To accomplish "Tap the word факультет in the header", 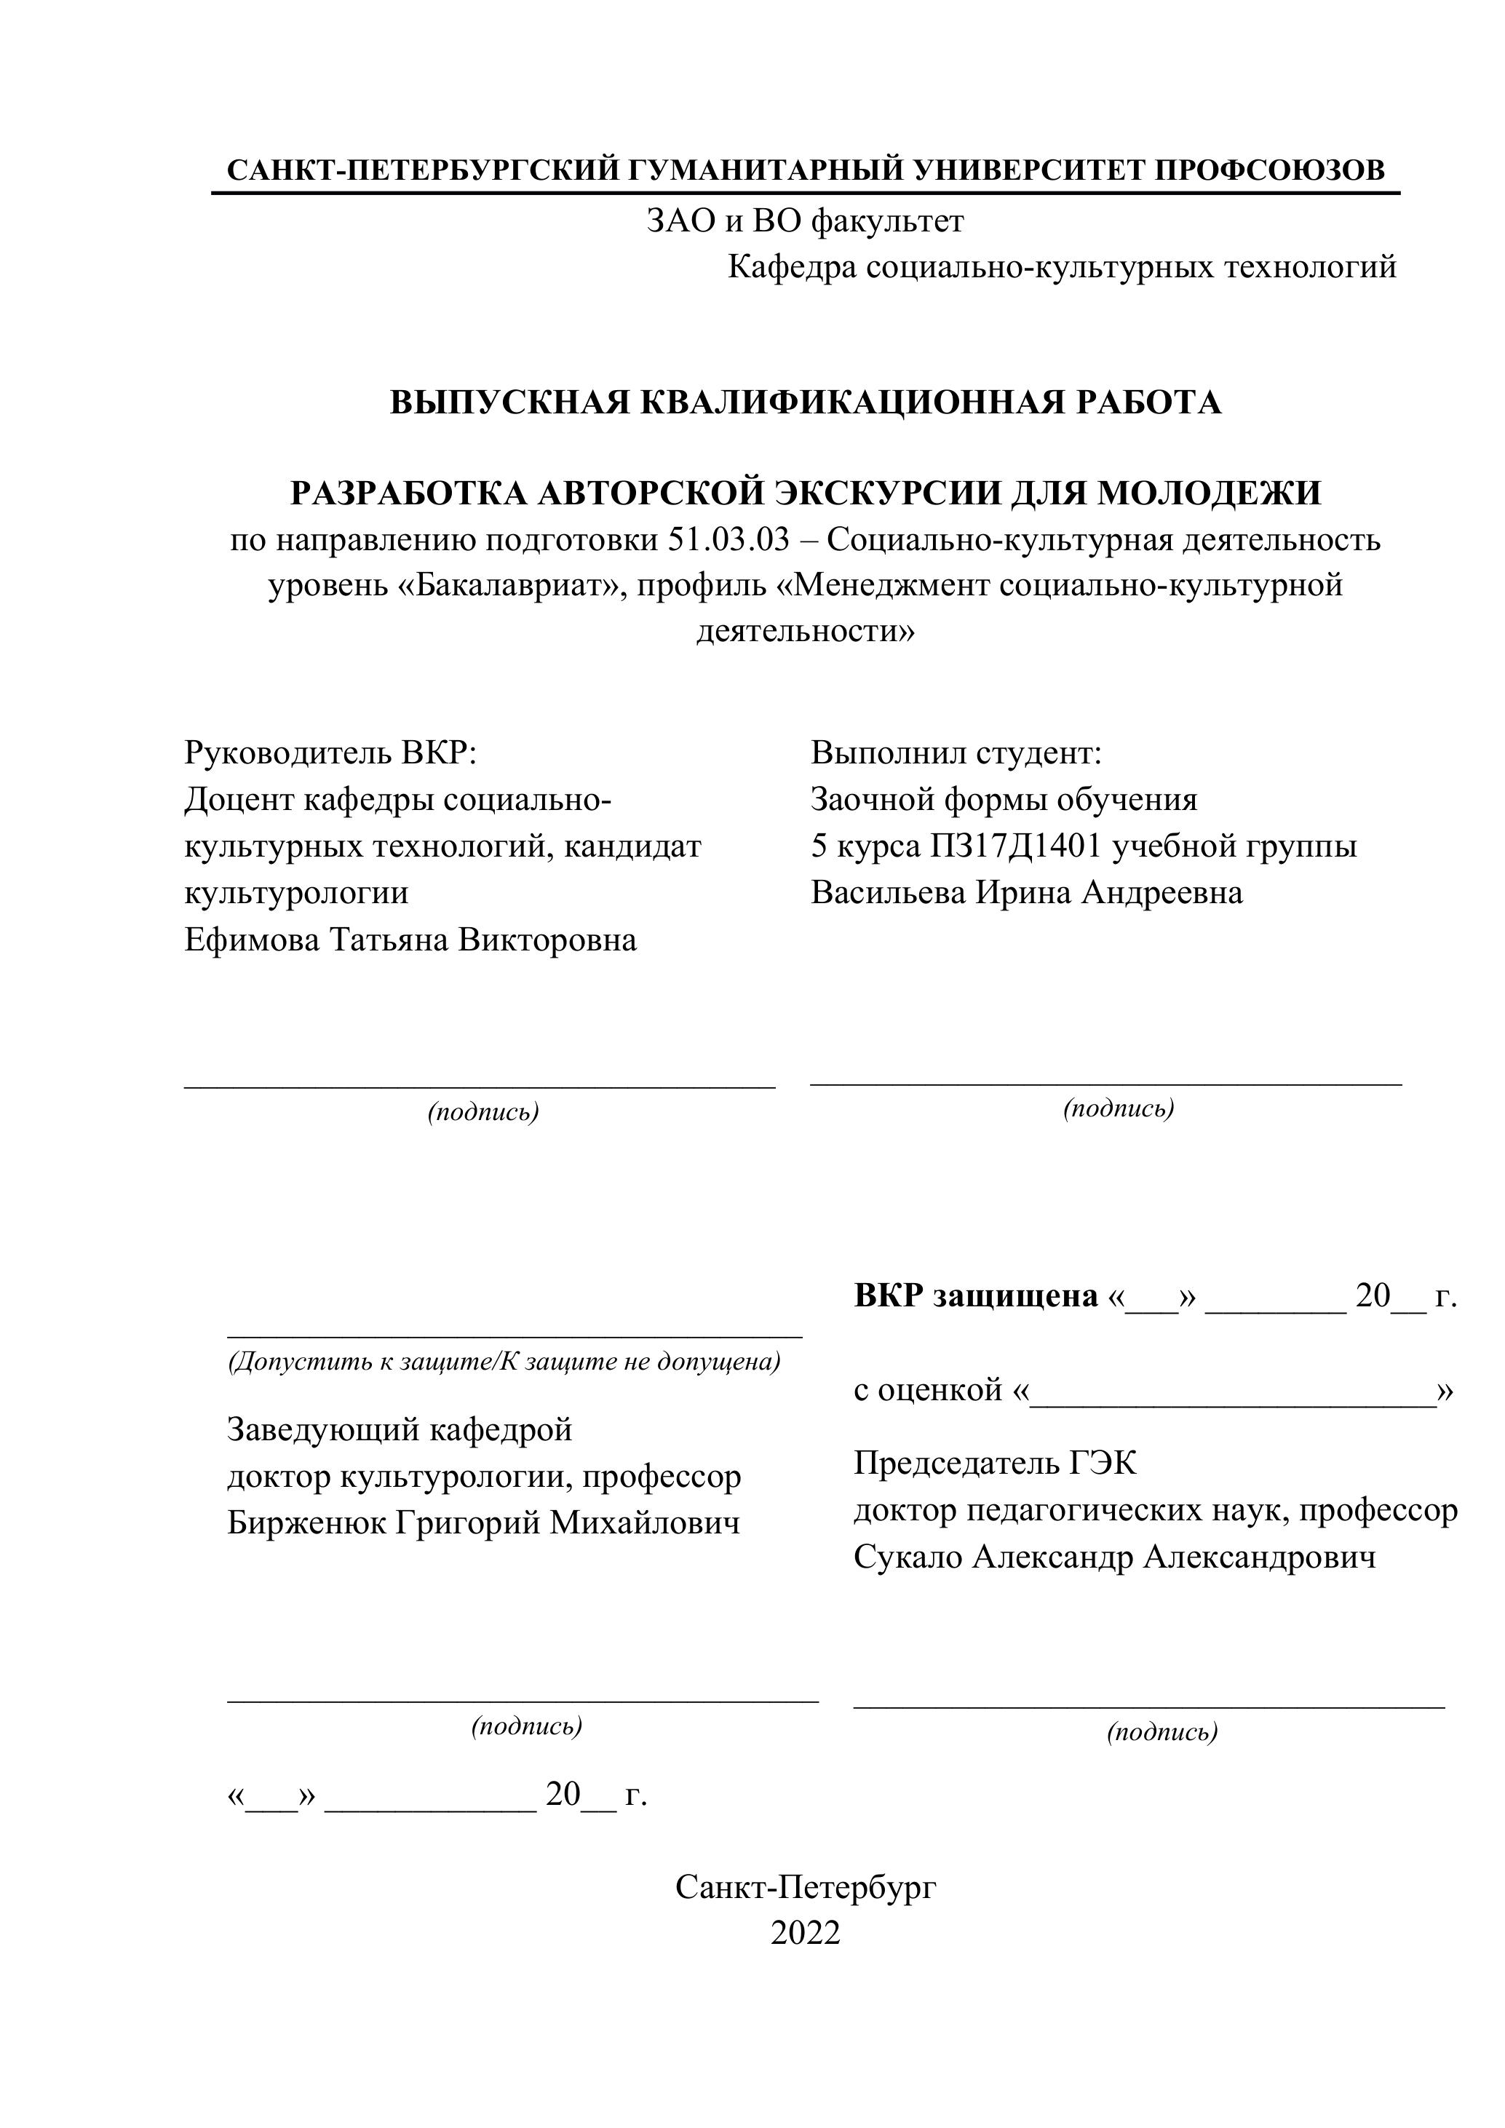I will coord(887,221).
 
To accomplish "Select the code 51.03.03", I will coord(728,539).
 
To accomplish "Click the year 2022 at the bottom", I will coord(806,1934).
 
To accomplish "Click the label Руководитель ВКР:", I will coord(330,753).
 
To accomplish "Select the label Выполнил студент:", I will coord(956,753).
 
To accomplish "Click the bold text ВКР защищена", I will coord(975,1295).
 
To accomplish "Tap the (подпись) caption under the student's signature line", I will coord(1119,1108).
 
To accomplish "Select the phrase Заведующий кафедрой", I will coord(400,1429).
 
